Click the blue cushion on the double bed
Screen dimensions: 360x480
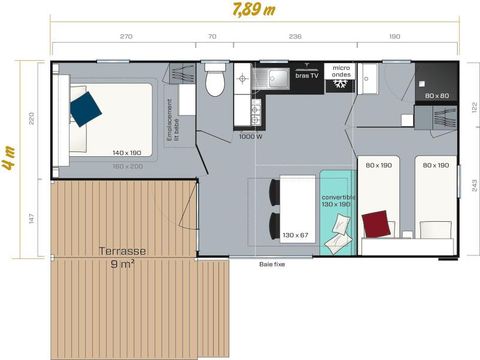tap(85, 103)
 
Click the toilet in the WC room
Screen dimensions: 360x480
tap(212, 79)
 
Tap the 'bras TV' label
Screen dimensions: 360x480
tap(306, 76)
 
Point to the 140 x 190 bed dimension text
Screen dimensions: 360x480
tap(126, 152)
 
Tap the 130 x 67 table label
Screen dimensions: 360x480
tap(296, 235)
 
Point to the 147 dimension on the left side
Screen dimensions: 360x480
tap(32, 216)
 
